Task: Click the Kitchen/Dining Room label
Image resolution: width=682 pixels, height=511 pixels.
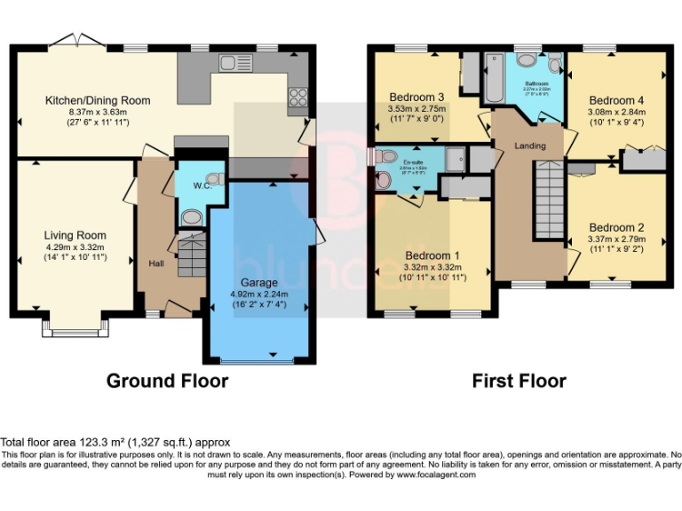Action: (98, 100)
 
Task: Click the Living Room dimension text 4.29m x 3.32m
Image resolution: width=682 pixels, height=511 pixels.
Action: (75, 247)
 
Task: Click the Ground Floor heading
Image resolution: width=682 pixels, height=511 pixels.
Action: (167, 381)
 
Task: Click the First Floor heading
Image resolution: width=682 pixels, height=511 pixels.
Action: (519, 381)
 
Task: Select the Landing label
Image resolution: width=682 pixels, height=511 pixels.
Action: (530, 145)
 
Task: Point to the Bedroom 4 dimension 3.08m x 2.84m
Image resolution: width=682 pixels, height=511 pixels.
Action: (616, 113)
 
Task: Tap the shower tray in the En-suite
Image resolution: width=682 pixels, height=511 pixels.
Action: (455, 160)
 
